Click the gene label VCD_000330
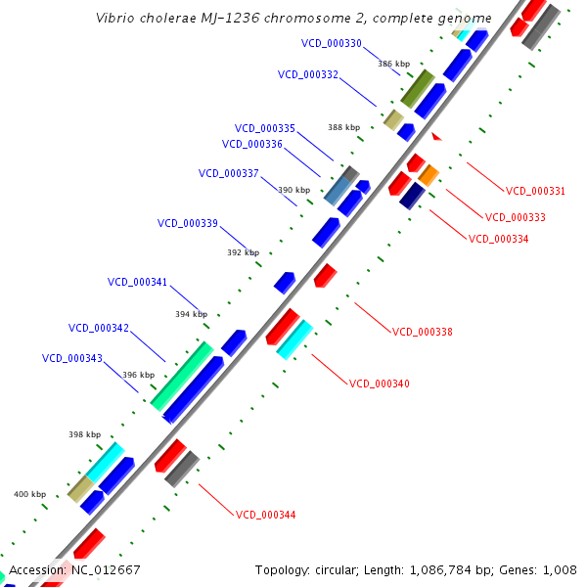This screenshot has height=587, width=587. (332, 43)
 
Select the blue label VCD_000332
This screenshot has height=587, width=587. (308, 74)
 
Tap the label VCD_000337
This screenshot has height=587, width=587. (229, 173)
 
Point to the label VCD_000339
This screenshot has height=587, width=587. (188, 223)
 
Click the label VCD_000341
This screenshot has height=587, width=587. (137, 282)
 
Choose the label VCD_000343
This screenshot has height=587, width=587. (72, 358)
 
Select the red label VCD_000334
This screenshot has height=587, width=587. (499, 239)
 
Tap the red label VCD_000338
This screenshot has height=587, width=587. (423, 332)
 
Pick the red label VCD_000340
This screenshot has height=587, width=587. (380, 384)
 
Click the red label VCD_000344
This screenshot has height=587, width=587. (266, 515)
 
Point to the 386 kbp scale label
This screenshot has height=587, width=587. (394, 64)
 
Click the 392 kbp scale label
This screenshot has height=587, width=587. (244, 252)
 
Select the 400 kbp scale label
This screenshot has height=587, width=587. (29, 494)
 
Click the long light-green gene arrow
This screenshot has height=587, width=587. (182, 375)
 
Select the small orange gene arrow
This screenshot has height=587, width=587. (429, 177)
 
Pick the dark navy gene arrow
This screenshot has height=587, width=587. (411, 195)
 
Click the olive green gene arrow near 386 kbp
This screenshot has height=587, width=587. (418, 88)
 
